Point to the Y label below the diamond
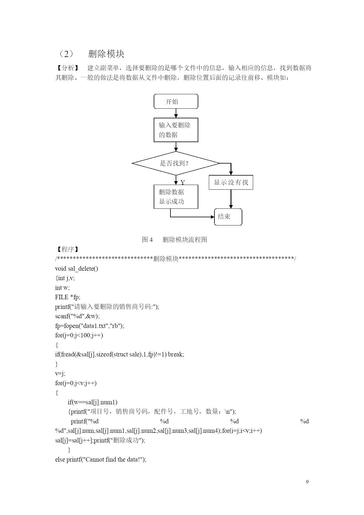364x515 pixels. point(183,183)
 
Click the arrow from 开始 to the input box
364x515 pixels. point(176,113)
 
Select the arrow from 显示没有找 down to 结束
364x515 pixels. point(231,199)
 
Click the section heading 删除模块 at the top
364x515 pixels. point(106,54)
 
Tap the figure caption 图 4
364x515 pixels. point(147,240)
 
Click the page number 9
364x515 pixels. point(307,482)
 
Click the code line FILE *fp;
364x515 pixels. point(67,297)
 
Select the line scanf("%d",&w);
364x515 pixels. point(77,316)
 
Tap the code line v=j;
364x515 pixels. point(60,374)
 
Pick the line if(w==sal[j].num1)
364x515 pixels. point(92,402)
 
